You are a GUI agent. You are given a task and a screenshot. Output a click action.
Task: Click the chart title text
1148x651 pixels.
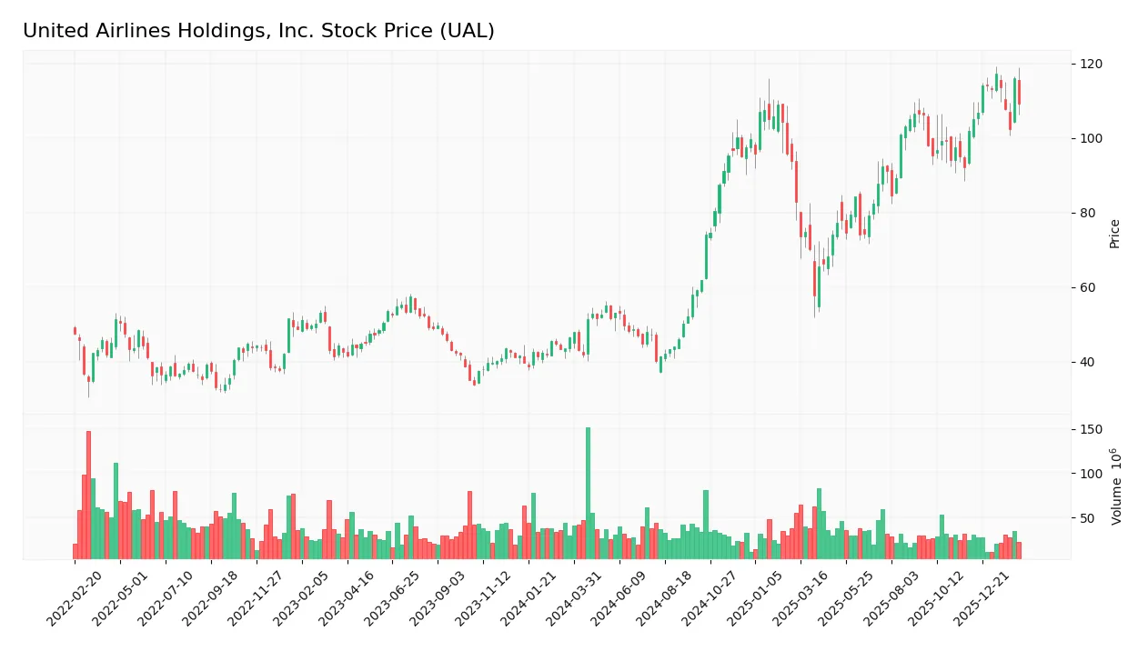click(258, 31)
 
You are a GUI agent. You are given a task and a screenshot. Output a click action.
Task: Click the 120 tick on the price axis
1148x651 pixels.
click(1092, 64)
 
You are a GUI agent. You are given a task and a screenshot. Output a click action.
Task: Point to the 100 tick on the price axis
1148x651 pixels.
click(1092, 138)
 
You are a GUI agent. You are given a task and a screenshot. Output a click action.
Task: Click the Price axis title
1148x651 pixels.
click(1114, 234)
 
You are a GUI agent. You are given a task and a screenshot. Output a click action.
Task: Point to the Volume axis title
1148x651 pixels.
click(1115, 486)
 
